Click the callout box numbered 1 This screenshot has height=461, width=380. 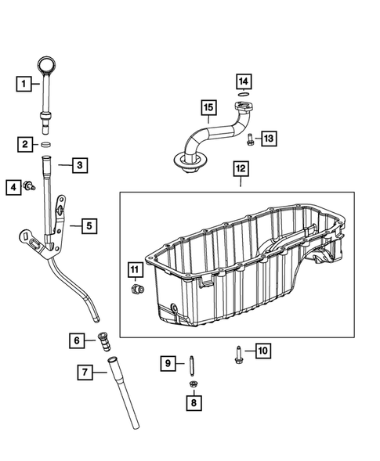24,81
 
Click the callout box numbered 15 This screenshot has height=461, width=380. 208,107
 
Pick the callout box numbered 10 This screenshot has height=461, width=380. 262,351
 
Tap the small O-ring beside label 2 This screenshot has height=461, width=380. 46,145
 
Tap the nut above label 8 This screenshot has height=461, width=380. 192,384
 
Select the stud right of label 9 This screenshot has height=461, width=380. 190,362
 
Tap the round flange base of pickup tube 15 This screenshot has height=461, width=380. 188,161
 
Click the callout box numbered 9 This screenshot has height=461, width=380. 168,363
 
